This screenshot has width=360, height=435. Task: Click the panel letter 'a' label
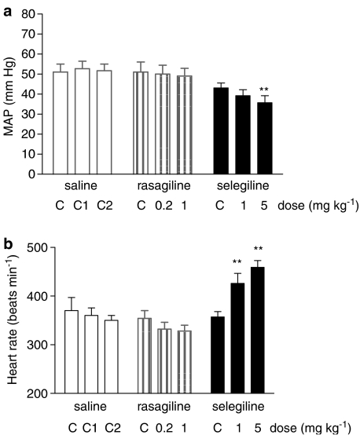[x=6, y=7]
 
